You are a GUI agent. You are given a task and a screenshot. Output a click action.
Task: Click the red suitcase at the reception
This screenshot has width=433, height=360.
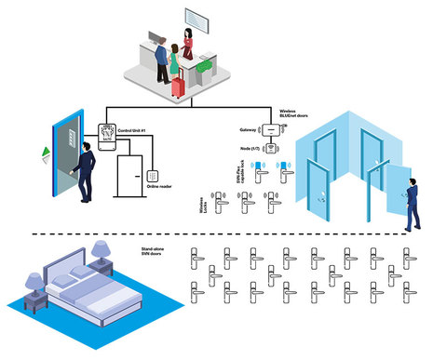tap(178, 86)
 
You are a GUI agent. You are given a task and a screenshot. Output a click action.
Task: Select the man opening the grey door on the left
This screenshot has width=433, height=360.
tap(85, 171)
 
